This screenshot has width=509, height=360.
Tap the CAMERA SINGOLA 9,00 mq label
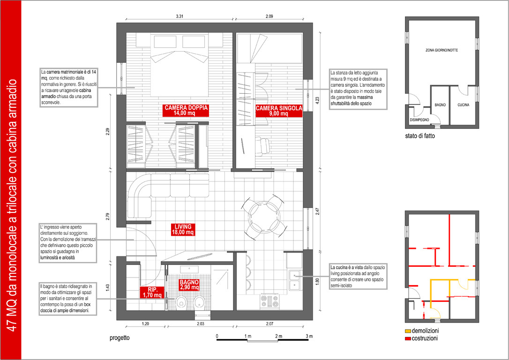click(279, 111)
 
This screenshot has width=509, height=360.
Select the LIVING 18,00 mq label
click(183, 230)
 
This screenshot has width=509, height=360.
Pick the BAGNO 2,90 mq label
click(189, 285)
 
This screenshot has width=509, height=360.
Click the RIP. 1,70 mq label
click(152, 292)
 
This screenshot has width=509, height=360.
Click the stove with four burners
click(270, 300)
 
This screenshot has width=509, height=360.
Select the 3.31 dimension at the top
click(179, 16)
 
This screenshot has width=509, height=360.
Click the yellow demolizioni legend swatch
click(408, 331)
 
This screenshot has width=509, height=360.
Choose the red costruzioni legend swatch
click(408, 338)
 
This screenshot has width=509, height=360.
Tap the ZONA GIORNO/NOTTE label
click(442, 50)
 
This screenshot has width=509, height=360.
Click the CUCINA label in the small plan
click(463, 105)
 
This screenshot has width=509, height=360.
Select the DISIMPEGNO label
click(419, 120)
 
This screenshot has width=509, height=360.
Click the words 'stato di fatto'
click(420, 136)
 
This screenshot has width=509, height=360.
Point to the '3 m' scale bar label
click(309, 336)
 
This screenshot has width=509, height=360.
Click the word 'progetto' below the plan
click(120, 338)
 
